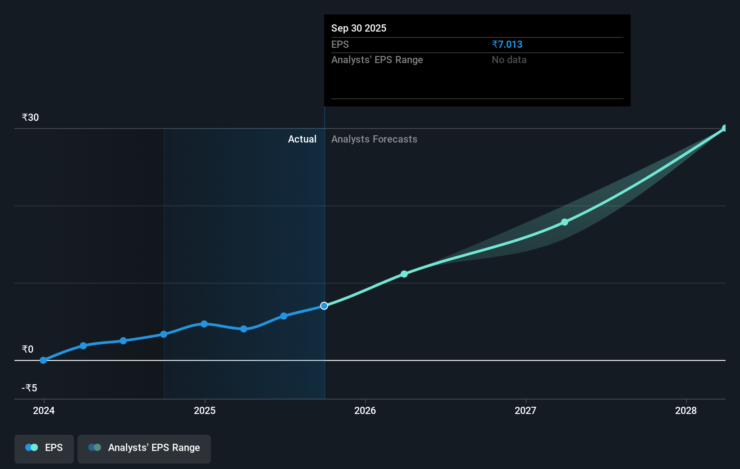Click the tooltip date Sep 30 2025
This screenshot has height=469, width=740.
pos(359,28)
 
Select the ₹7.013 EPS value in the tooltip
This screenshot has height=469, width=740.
pos(507,44)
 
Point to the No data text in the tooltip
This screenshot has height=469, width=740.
pos(509,60)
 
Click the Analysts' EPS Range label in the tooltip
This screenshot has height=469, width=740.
pos(377,60)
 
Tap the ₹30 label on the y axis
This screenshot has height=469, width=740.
pos(30,117)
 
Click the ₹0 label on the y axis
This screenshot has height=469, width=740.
pos(27,349)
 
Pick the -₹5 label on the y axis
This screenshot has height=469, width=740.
pos(29,388)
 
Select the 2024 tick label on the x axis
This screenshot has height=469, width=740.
pos(44,410)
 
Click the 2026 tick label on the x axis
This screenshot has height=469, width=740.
pos(365,410)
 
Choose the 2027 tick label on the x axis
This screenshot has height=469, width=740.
pos(525,410)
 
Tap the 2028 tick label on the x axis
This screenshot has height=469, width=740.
pos(686,410)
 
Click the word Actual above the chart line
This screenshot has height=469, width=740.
pos(302,139)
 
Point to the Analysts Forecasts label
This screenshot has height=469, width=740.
pos(374,139)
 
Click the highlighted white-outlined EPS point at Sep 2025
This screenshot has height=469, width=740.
pos(324,306)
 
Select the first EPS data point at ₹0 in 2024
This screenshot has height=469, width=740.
pos(43,360)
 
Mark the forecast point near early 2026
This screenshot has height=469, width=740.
pos(404,274)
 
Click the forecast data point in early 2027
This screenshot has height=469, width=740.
pos(565,222)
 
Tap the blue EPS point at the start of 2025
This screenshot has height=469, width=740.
pos(204,324)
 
